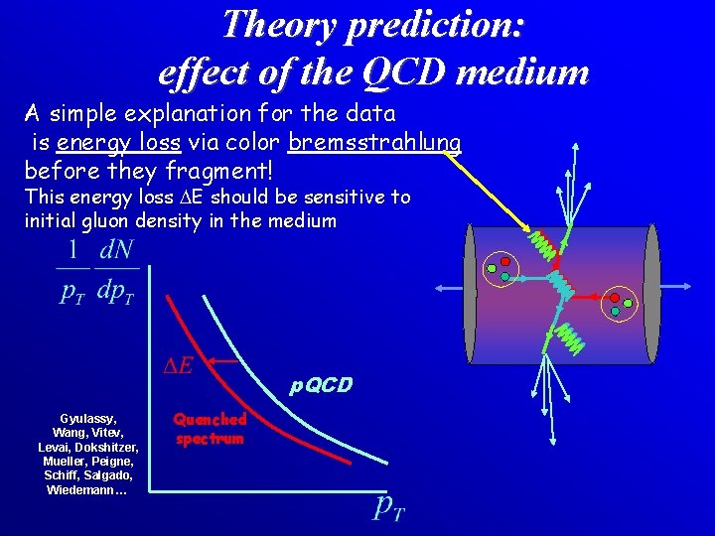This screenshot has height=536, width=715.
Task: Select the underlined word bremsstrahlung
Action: (374, 143)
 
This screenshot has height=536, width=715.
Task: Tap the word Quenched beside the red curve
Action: (210, 420)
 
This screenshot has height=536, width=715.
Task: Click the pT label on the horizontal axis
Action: (388, 509)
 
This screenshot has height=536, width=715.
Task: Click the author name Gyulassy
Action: (87, 419)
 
